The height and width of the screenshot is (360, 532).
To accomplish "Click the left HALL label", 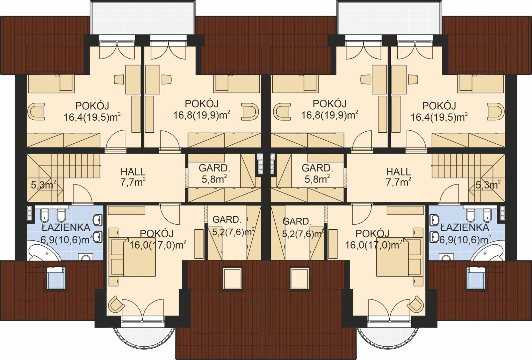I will click(133, 172).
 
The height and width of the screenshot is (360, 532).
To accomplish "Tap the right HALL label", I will click(398, 172).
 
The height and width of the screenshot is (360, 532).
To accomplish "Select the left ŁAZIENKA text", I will click(66, 228).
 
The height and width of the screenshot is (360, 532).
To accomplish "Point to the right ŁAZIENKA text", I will click(465, 228).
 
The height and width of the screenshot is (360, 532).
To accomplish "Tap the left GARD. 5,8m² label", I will click(214, 173).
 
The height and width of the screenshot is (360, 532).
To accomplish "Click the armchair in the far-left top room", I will click(36, 111).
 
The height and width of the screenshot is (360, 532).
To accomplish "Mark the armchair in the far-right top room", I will click(496, 111).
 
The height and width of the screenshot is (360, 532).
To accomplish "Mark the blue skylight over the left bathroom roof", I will click(55, 278).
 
